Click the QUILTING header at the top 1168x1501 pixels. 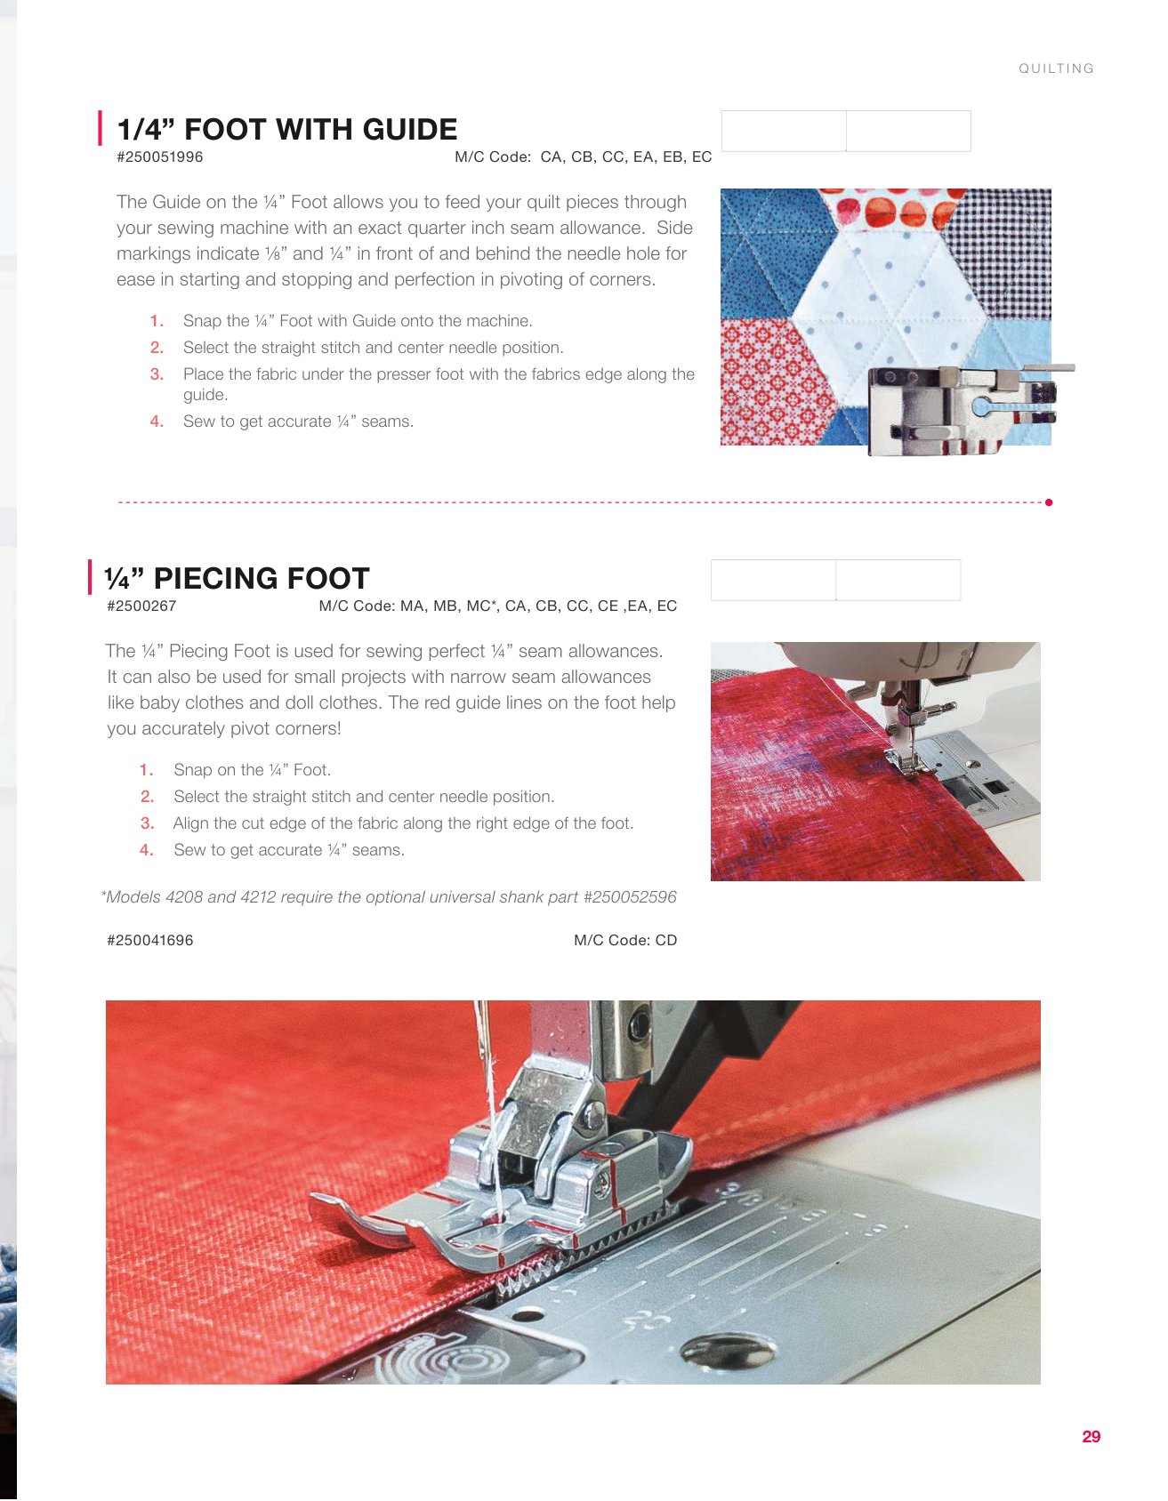click(x=1056, y=68)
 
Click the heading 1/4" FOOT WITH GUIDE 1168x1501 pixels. click(x=287, y=129)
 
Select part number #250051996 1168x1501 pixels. click(x=160, y=157)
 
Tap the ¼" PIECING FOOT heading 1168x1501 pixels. click(x=237, y=578)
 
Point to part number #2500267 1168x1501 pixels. click(x=141, y=606)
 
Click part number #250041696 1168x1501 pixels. click(x=149, y=941)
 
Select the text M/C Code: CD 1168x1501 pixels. click(x=625, y=941)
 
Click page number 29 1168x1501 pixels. click(x=1091, y=1436)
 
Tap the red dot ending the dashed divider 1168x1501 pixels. click(x=1050, y=502)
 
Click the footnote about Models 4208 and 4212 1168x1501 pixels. click(x=389, y=897)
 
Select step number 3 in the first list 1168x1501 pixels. click(x=157, y=374)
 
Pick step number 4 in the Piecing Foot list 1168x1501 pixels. click(x=147, y=850)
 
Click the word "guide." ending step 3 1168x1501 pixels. click(x=205, y=395)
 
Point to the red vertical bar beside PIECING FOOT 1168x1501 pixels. click(x=90, y=576)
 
